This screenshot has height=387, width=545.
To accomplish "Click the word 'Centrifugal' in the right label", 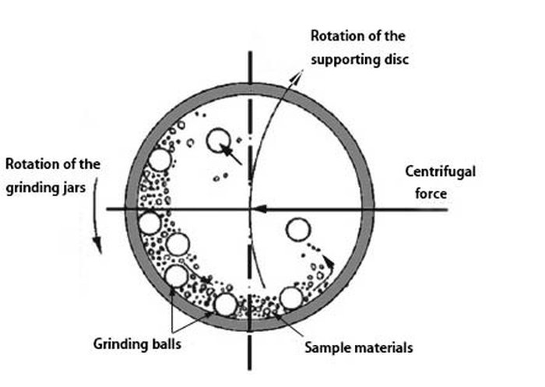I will (429, 172).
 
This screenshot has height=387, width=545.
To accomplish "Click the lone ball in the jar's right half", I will (297, 230).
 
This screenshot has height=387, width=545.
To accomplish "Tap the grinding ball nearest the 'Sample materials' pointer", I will (290, 298).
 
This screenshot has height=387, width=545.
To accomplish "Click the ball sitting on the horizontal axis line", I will (149, 223).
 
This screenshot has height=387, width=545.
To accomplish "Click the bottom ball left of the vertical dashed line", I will (226, 304).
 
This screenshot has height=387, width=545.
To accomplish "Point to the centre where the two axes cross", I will (249, 209).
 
